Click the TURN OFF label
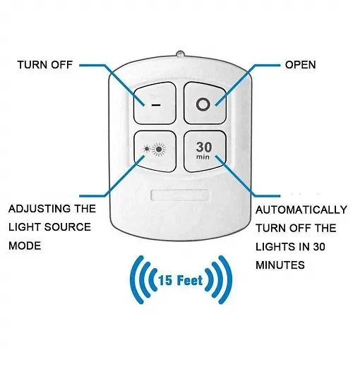(x=45, y=65)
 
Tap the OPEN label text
(x=301, y=65)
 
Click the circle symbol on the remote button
(x=203, y=104)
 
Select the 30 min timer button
(x=205, y=151)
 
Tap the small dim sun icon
(x=147, y=149)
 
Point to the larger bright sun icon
(x=159, y=149)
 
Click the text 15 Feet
(x=181, y=280)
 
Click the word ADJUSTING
(x=39, y=209)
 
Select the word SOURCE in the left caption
(x=67, y=227)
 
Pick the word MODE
(x=25, y=246)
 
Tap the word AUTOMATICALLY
(x=301, y=210)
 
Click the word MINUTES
(x=280, y=265)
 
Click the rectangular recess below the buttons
(x=179, y=195)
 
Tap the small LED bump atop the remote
(x=180, y=54)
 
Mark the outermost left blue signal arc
(x=136, y=279)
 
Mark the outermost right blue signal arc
(x=226, y=279)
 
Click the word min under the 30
(x=203, y=157)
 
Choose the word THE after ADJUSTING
(x=85, y=209)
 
